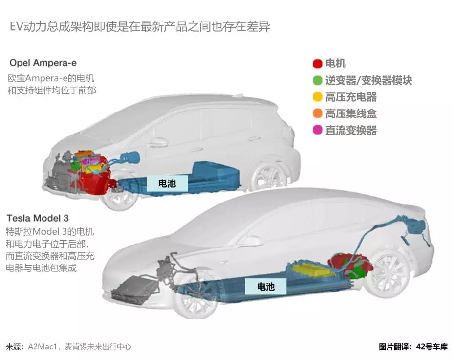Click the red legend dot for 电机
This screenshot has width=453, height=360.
(x=317, y=64)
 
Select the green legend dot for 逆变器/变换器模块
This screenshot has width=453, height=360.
(x=317, y=80)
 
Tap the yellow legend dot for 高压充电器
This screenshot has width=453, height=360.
(x=317, y=96)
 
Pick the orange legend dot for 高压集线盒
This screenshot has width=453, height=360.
(x=317, y=113)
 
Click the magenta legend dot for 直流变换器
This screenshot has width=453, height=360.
(x=317, y=130)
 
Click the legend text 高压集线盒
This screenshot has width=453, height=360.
(x=351, y=113)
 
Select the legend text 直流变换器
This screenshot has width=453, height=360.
(x=351, y=130)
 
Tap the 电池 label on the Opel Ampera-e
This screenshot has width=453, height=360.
(x=167, y=183)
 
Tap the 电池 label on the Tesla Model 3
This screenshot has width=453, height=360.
(x=266, y=287)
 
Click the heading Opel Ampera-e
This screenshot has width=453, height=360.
(x=43, y=63)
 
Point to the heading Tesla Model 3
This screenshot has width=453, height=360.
(x=38, y=218)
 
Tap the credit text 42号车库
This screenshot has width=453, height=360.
(x=432, y=347)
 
